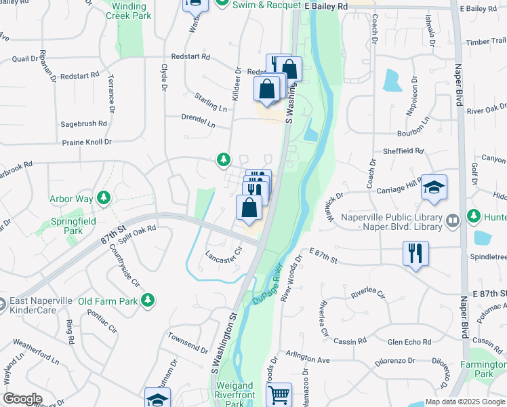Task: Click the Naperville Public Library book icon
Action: [x=453, y=220]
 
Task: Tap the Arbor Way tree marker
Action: [x=104, y=198]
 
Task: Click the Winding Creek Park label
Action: [x=129, y=10]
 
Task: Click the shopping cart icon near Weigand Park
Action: [x=279, y=393]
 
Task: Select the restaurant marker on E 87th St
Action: [x=415, y=254]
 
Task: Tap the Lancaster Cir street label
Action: [x=224, y=254]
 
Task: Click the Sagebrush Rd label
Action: [x=84, y=124]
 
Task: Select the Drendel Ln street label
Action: [x=198, y=120]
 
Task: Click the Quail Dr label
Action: [x=25, y=58]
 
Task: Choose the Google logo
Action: [x=23, y=399]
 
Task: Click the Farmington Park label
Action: [x=484, y=369]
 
